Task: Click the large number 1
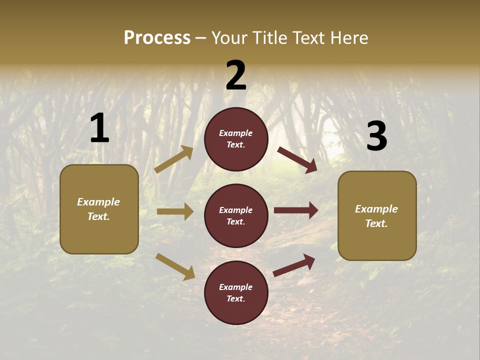[x=99, y=128]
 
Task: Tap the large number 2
[x=236, y=75]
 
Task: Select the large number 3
[x=376, y=136]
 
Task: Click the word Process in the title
[x=157, y=37]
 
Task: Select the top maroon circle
[x=236, y=139]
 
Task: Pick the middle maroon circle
[x=236, y=215]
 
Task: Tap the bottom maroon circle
[x=236, y=292]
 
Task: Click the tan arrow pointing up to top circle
[x=173, y=159]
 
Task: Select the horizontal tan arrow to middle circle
[x=175, y=211]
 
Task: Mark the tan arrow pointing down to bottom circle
[x=175, y=266]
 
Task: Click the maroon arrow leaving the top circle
[x=297, y=159]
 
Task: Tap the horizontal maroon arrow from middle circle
[x=295, y=210]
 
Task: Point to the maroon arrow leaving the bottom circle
[x=294, y=265]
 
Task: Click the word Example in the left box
[x=98, y=202]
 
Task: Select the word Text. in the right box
[x=376, y=223]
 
